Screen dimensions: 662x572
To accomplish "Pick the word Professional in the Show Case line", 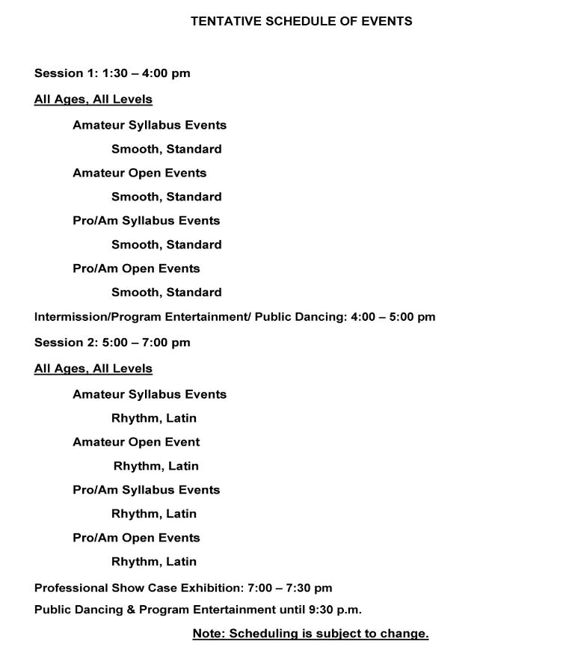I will click(71, 588).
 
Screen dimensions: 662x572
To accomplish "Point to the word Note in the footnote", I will click(209, 634).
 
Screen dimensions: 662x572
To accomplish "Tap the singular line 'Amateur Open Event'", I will click(136, 442).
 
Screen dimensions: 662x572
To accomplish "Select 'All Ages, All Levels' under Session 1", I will click(93, 99).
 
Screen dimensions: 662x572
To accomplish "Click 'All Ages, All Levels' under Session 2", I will click(93, 369).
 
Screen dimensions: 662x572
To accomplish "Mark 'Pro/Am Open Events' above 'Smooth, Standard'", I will click(136, 269).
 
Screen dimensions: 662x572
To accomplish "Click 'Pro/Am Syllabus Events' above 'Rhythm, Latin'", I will click(146, 490).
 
